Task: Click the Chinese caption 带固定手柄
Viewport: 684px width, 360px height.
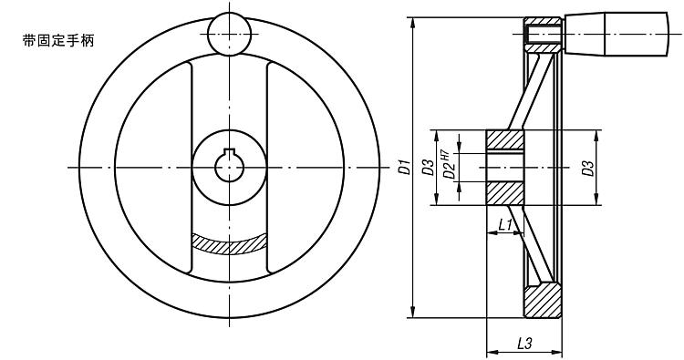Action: [58, 41]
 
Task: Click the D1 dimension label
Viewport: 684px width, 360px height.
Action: [406, 168]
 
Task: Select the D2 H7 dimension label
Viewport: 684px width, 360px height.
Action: [449, 165]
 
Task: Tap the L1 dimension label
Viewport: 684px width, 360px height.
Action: [505, 225]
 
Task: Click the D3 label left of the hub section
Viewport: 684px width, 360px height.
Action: [430, 168]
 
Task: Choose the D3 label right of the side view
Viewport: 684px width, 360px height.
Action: [589, 169]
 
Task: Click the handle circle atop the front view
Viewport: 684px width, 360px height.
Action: [230, 34]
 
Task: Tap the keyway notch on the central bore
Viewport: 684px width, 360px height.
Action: [230, 151]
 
